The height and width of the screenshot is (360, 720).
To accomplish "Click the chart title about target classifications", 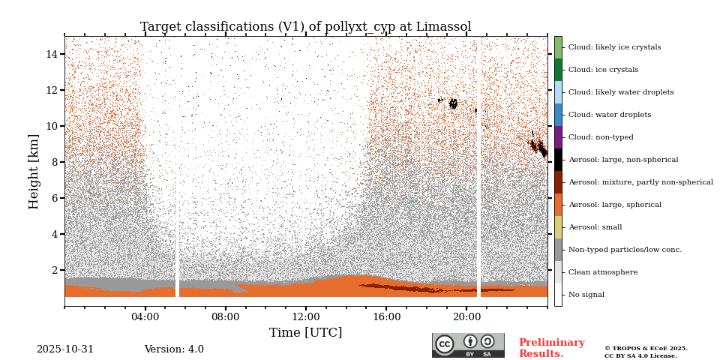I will (305, 27).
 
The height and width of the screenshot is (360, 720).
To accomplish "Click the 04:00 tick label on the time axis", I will (145, 316).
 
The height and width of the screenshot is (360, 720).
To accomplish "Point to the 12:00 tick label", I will (306, 316).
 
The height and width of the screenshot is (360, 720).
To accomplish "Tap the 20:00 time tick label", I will (466, 316).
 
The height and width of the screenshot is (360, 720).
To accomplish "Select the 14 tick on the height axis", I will (52, 54).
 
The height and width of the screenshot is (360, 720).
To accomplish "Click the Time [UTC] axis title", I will (305, 333).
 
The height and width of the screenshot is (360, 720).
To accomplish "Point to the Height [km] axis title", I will (34, 171).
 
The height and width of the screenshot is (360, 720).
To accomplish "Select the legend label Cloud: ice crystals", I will (603, 70).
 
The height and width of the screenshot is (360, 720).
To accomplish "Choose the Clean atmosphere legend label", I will (603, 272).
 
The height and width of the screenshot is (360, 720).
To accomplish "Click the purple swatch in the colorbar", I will (558, 137).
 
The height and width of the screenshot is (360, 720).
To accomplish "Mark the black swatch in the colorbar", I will (558, 160).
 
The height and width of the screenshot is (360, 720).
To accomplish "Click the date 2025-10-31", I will (65, 349).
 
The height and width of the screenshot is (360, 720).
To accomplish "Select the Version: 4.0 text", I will (174, 349).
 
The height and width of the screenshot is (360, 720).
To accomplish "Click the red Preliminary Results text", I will (551, 348).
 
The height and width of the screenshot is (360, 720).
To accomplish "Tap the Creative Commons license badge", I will (468, 345).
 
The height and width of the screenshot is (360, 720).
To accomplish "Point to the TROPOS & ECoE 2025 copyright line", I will (646, 349).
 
